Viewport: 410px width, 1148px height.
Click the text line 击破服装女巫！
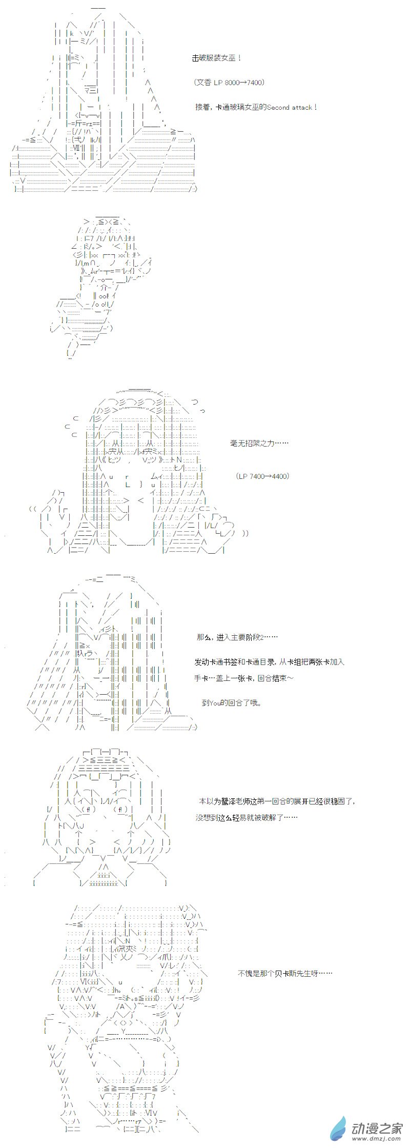pos(217,58)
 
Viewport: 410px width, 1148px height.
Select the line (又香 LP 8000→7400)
pos(230,83)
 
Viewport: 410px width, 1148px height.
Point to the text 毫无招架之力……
pos(259,444)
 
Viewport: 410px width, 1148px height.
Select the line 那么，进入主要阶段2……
pos(237,637)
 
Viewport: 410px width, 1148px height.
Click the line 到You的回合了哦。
pos(232,703)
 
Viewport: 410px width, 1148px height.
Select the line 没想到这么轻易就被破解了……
pos(246,817)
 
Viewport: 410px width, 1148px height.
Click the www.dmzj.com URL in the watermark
pos(377,1139)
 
